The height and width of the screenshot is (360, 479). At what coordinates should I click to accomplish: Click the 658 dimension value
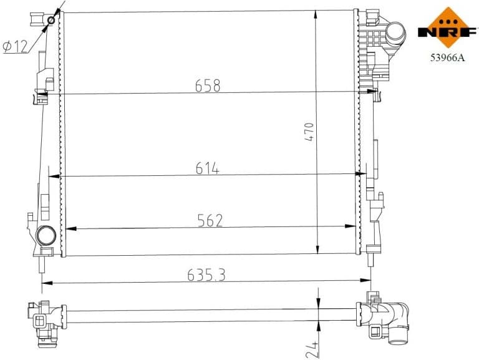tap(208, 85)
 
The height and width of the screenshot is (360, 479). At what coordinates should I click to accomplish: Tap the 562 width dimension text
tap(210, 220)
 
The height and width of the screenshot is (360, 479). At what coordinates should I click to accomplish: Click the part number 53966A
tap(447, 57)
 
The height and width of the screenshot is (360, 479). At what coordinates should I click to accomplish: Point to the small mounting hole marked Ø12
tap(51, 21)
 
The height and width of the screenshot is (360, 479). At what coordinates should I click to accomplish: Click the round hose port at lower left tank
tap(46, 236)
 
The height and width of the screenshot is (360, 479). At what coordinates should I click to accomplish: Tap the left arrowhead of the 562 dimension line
tap(70, 228)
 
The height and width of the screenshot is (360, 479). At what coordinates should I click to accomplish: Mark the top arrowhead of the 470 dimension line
tap(318, 14)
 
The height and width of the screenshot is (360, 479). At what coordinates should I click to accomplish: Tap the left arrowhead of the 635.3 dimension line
tap(45, 283)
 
